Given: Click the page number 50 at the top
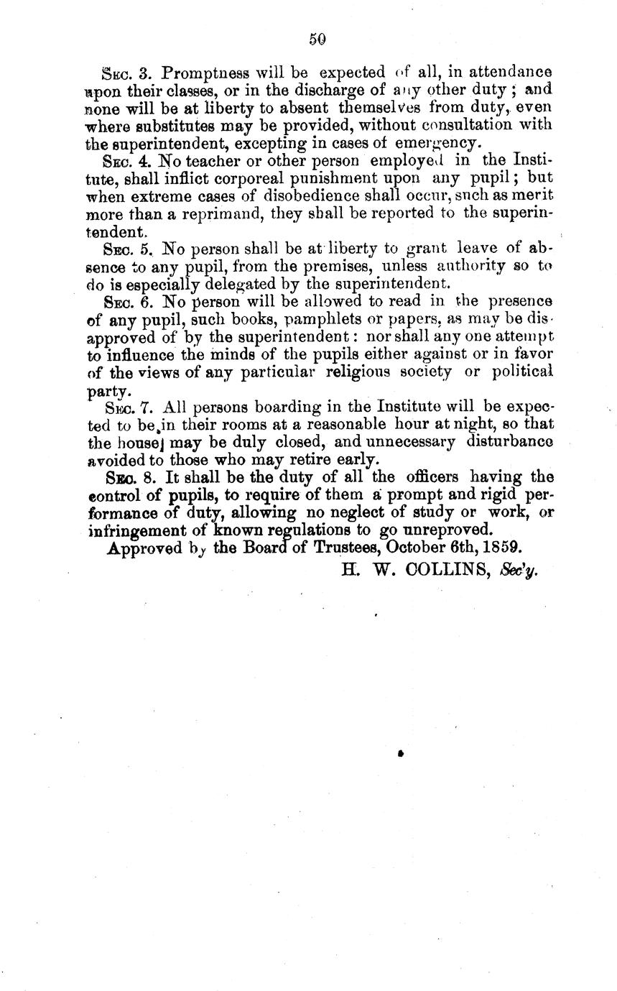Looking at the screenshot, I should (x=317, y=40).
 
